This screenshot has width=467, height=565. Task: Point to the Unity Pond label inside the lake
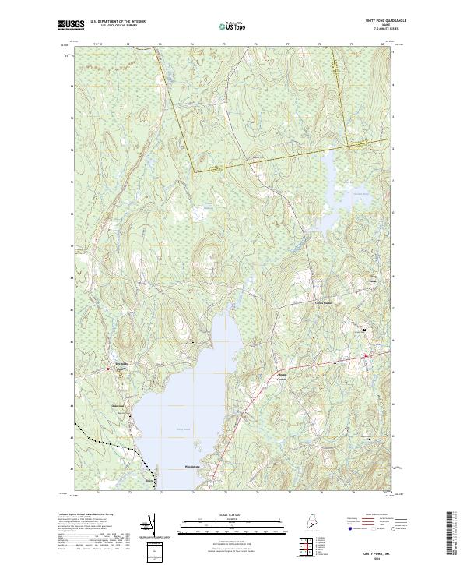pyautogui.click(x=183, y=429)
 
